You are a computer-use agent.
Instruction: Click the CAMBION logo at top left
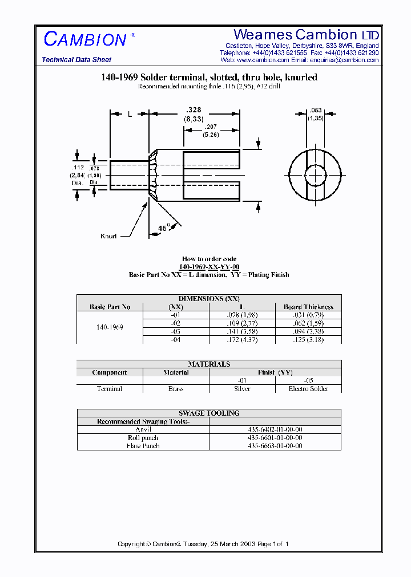tap(85, 39)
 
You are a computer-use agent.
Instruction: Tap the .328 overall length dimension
tap(194, 109)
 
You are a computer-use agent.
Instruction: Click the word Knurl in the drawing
tap(108, 236)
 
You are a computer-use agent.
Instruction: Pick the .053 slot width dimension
tap(315, 111)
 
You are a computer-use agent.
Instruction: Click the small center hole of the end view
tap(315, 173)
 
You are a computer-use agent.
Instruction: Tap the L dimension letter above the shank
tap(130, 114)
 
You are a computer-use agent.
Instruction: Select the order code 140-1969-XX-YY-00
tap(209, 267)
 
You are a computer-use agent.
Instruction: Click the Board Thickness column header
tap(308, 307)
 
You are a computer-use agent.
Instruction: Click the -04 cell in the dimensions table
tap(176, 340)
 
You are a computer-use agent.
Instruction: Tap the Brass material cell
tap(176, 389)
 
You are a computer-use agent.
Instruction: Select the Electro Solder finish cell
tap(308, 389)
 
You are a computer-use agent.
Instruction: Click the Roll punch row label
tap(143, 438)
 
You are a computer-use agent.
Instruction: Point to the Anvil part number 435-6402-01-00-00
tap(275, 429)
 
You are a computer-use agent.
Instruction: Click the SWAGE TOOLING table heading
tap(209, 413)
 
